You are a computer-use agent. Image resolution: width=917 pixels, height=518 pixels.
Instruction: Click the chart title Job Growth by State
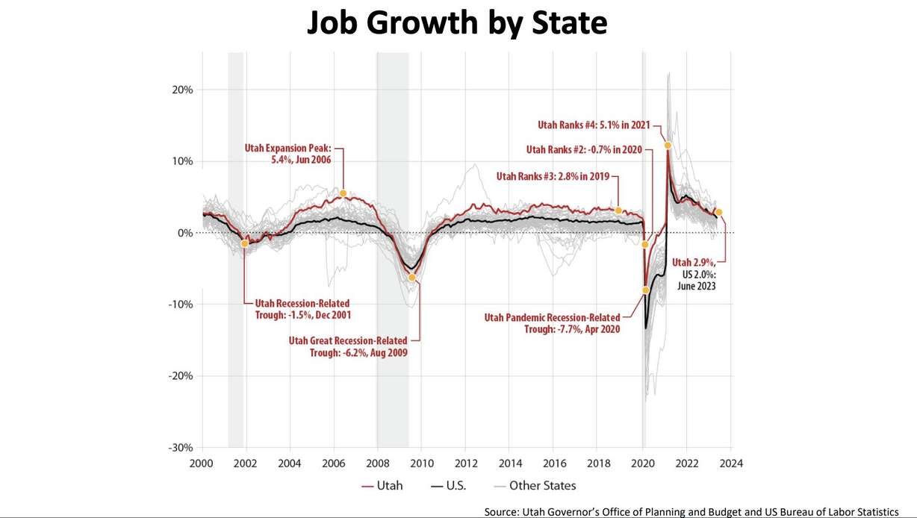tap(458, 24)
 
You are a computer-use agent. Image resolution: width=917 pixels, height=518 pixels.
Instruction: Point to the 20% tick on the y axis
tap(183, 90)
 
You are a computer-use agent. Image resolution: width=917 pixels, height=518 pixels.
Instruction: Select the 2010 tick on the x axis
tap(422, 463)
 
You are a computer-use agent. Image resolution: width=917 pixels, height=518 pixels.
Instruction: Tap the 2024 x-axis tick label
tap(731, 463)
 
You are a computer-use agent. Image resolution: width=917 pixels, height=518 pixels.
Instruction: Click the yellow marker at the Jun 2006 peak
tap(344, 193)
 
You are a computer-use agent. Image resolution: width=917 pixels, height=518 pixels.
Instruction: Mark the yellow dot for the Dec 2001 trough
tap(244, 243)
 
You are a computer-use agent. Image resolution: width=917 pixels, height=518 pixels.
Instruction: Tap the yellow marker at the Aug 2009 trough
tap(411, 277)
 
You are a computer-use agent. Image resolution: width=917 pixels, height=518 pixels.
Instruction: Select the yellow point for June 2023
tap(718, 212)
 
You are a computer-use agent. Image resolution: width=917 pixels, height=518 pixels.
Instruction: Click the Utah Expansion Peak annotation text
tap(287, 153)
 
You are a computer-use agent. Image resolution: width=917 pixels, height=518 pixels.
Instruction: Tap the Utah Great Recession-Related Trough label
tap(348, 346)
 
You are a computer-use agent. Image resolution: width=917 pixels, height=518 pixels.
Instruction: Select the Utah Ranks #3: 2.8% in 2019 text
tap(553, 177)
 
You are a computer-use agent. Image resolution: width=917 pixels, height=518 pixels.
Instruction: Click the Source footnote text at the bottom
tap(691, 511)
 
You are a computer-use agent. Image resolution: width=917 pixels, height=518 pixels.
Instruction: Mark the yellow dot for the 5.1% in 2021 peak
tap(668, 145)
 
